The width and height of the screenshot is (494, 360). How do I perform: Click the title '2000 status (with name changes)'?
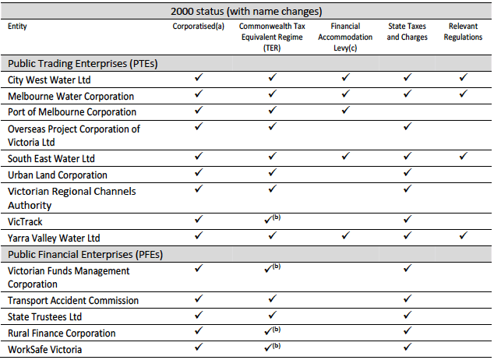[246, 10]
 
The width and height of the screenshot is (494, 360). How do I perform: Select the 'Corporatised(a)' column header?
[198, 26]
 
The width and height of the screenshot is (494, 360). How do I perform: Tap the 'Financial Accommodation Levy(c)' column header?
[345, 37]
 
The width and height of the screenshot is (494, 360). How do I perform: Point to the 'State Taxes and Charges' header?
[407, 31]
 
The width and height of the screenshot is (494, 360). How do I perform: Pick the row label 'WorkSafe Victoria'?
[46, 350]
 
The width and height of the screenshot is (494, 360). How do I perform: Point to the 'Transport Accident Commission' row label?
[73, 301]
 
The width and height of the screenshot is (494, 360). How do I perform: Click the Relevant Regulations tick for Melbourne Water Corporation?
[464, 94]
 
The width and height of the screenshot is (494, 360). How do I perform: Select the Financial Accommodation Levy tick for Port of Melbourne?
[345, 111]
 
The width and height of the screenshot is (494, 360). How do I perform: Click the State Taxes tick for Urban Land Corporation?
[407, 174]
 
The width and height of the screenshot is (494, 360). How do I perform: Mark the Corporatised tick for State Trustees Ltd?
[198, 316]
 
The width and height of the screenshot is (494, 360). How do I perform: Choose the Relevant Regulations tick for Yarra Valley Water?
[464, 236]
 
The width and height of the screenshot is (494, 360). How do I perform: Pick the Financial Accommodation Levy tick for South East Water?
[345, 157]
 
